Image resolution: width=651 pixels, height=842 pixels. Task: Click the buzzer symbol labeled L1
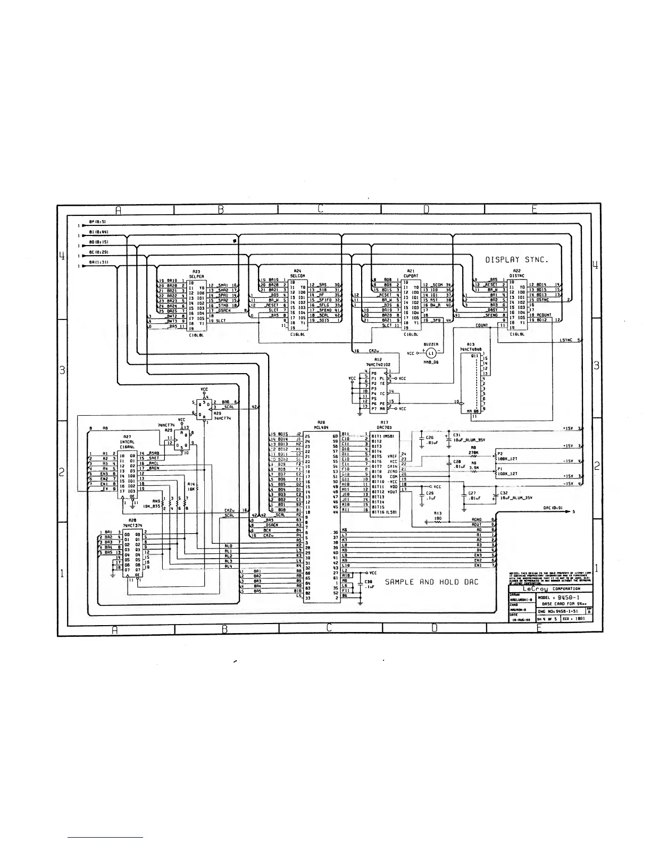point(431,353)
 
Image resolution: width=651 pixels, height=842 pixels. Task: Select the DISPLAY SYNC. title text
point(516,260)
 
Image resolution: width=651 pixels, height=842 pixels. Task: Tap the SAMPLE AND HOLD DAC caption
point(431,582)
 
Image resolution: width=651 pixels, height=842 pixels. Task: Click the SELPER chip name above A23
point(197,276)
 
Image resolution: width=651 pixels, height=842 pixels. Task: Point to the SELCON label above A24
point(297,276)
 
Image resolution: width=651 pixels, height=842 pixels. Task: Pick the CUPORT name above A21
point(411,276)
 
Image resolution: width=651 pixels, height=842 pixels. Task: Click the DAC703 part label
point(385,427)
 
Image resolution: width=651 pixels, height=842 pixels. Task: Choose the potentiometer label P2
point(499,453)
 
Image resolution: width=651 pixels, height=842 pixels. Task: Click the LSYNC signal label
point(566,340)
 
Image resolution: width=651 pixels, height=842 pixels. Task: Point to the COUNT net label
point(482,325)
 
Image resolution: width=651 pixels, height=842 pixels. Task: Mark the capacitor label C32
point(504,493)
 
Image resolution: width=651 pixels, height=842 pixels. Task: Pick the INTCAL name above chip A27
point(126,442)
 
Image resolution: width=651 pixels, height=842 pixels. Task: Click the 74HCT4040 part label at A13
point(470,349)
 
